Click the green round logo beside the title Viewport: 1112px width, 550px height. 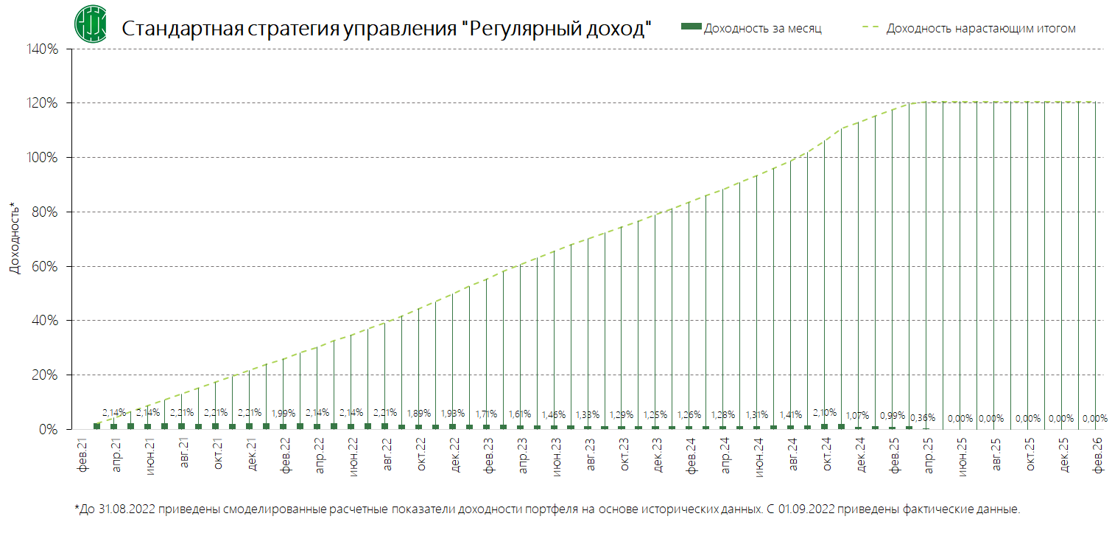(x=90, y=24)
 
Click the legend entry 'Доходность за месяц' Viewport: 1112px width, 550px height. (x=762, y=28)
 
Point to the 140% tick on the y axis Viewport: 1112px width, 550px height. (x=42, y=49)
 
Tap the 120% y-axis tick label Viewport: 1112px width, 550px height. (x=42, y=103)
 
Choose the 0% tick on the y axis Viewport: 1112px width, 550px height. (x=49, y=429)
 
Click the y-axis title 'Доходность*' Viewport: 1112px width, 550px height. (x=14, y=238)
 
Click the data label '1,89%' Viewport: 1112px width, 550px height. (x=420, y=413)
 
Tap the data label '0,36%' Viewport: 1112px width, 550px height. (x=923, y=418)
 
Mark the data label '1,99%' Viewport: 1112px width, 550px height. (x=284, y=413)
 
